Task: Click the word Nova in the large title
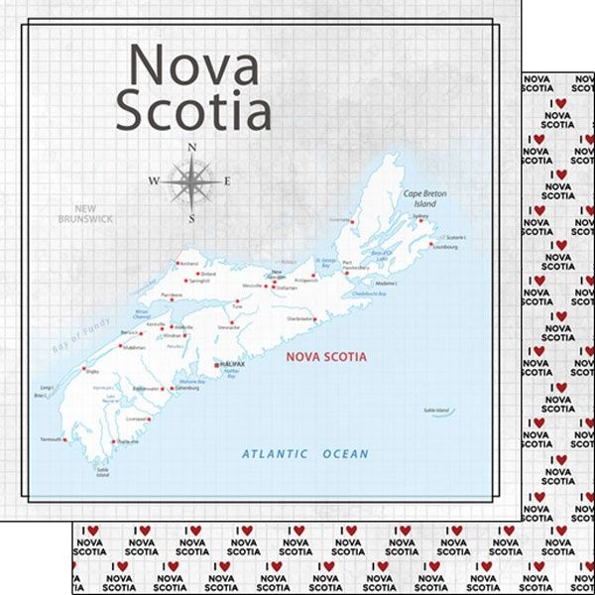[194, 67]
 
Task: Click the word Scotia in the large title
[192, 111]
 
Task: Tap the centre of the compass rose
[191, 181]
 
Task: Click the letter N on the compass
[191, 149]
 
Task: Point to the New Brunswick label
[86, 213]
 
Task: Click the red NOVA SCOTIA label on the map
[325, 357]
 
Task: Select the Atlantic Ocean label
[305, 454]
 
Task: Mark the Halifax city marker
[216, 366]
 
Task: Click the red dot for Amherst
[176, 264]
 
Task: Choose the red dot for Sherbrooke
[316, 319]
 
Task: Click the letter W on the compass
[154, 181]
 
